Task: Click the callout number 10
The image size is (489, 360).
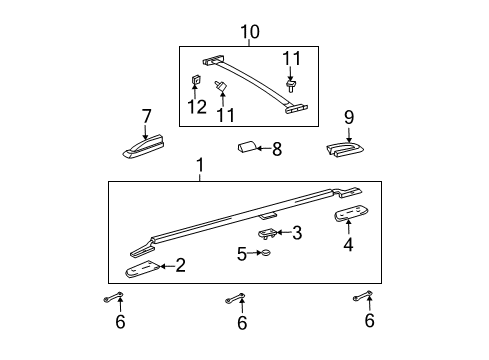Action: tap(249, 32)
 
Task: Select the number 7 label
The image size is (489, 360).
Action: tap(146, 117)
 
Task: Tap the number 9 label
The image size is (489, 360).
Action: tap(349, 117)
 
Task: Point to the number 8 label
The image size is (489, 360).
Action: tap(277, 149)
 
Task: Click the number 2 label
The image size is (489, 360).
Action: tap(180, 265)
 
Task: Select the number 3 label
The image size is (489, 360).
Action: tap(296, 233)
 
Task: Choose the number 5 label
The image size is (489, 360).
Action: tap(241, 254)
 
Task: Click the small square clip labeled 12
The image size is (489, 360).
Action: tap(196, 80)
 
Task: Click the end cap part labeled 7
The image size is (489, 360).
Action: tap(145, 148)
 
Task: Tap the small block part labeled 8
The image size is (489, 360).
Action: tap(246, 149)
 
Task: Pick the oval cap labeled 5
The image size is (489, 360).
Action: tap(267, 254)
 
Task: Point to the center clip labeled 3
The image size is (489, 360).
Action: tap(267, 233)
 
